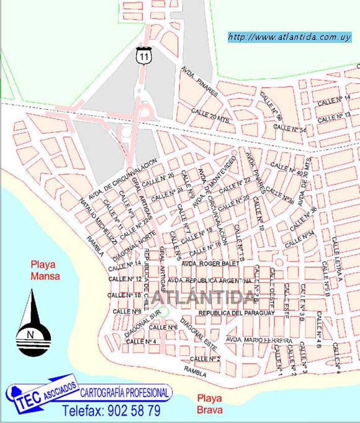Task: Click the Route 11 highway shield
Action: point(145,55)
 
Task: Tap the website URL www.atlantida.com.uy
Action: point(290,37)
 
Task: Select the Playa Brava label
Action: point(210,404)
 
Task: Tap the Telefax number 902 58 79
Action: point(111,411)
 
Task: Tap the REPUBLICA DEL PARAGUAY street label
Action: point(236,313)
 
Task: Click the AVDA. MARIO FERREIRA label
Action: point(259,340)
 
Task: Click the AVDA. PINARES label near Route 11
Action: point(200,81)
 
